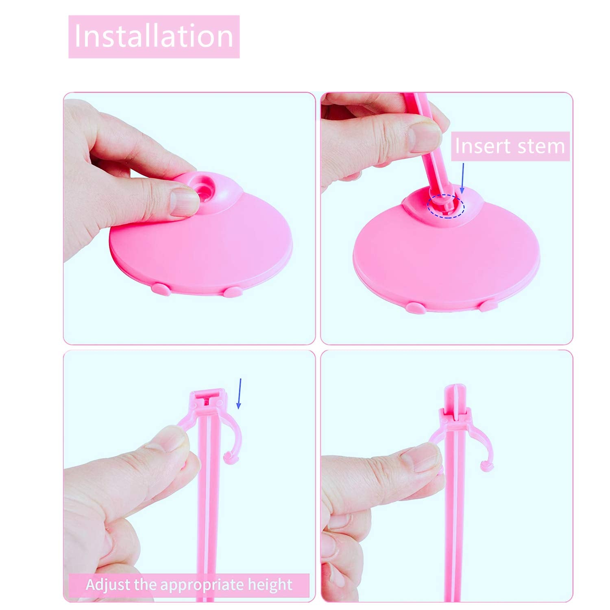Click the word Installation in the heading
[154, 37]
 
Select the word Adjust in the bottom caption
[108, 585]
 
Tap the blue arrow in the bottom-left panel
[240, 393]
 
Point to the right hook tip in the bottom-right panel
[486, 466]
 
